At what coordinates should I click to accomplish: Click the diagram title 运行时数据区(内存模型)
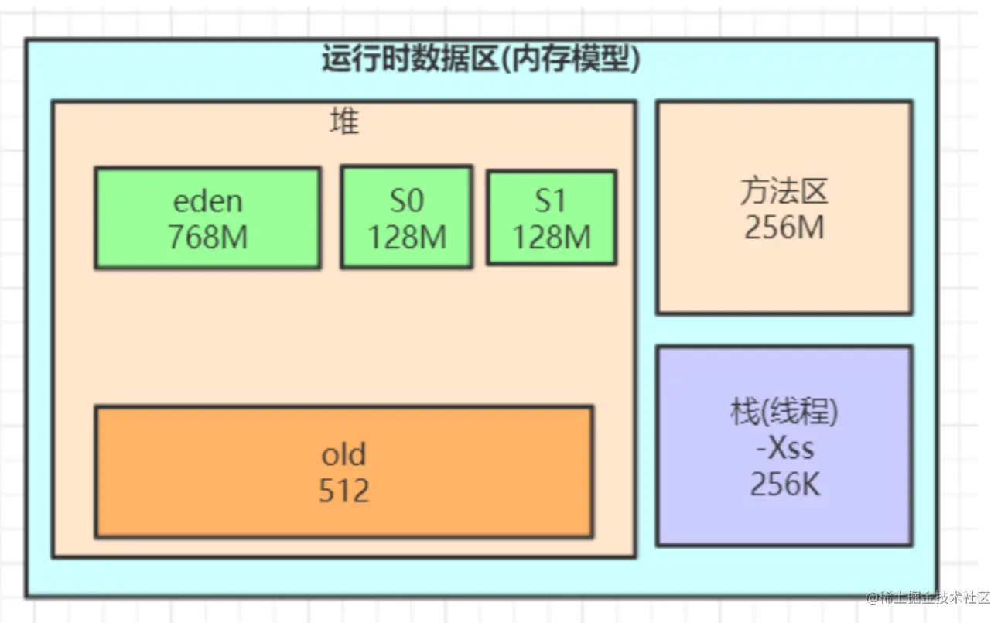coord(481,59)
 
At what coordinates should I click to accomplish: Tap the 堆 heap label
coord(344,122)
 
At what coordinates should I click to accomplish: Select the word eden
coord(207,200)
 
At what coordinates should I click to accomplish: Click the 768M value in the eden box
coord(207,237)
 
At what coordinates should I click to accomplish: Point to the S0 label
coord(406,200)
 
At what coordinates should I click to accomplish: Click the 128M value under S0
coord(406,237)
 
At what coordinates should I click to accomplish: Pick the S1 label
coord(551,201)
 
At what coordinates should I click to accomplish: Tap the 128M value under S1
coord(551,237)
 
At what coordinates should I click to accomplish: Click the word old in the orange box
coord(343,454)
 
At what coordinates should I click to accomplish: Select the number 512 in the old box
coord(343,491)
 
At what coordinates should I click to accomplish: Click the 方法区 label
coord(784,191)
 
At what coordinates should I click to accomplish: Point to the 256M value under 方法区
coord(784,228)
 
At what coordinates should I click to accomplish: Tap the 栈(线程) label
coord(784,412)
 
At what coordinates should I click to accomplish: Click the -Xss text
coord(784,448)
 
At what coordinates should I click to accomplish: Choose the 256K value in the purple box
coord(784,484)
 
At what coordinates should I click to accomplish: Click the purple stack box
coord(784,519)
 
